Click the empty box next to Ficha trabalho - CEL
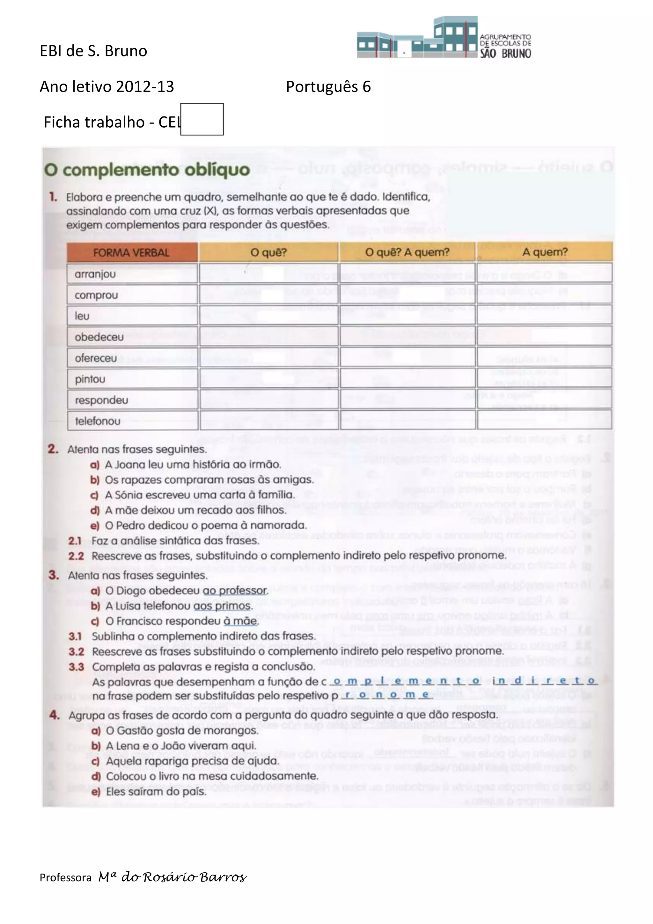(202, 119)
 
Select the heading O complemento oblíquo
(147, 170)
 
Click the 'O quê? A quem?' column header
(407, 252)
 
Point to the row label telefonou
(98, 421)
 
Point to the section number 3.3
(76, 667)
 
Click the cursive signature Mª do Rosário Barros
(172, 877)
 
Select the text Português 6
(328, 86)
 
